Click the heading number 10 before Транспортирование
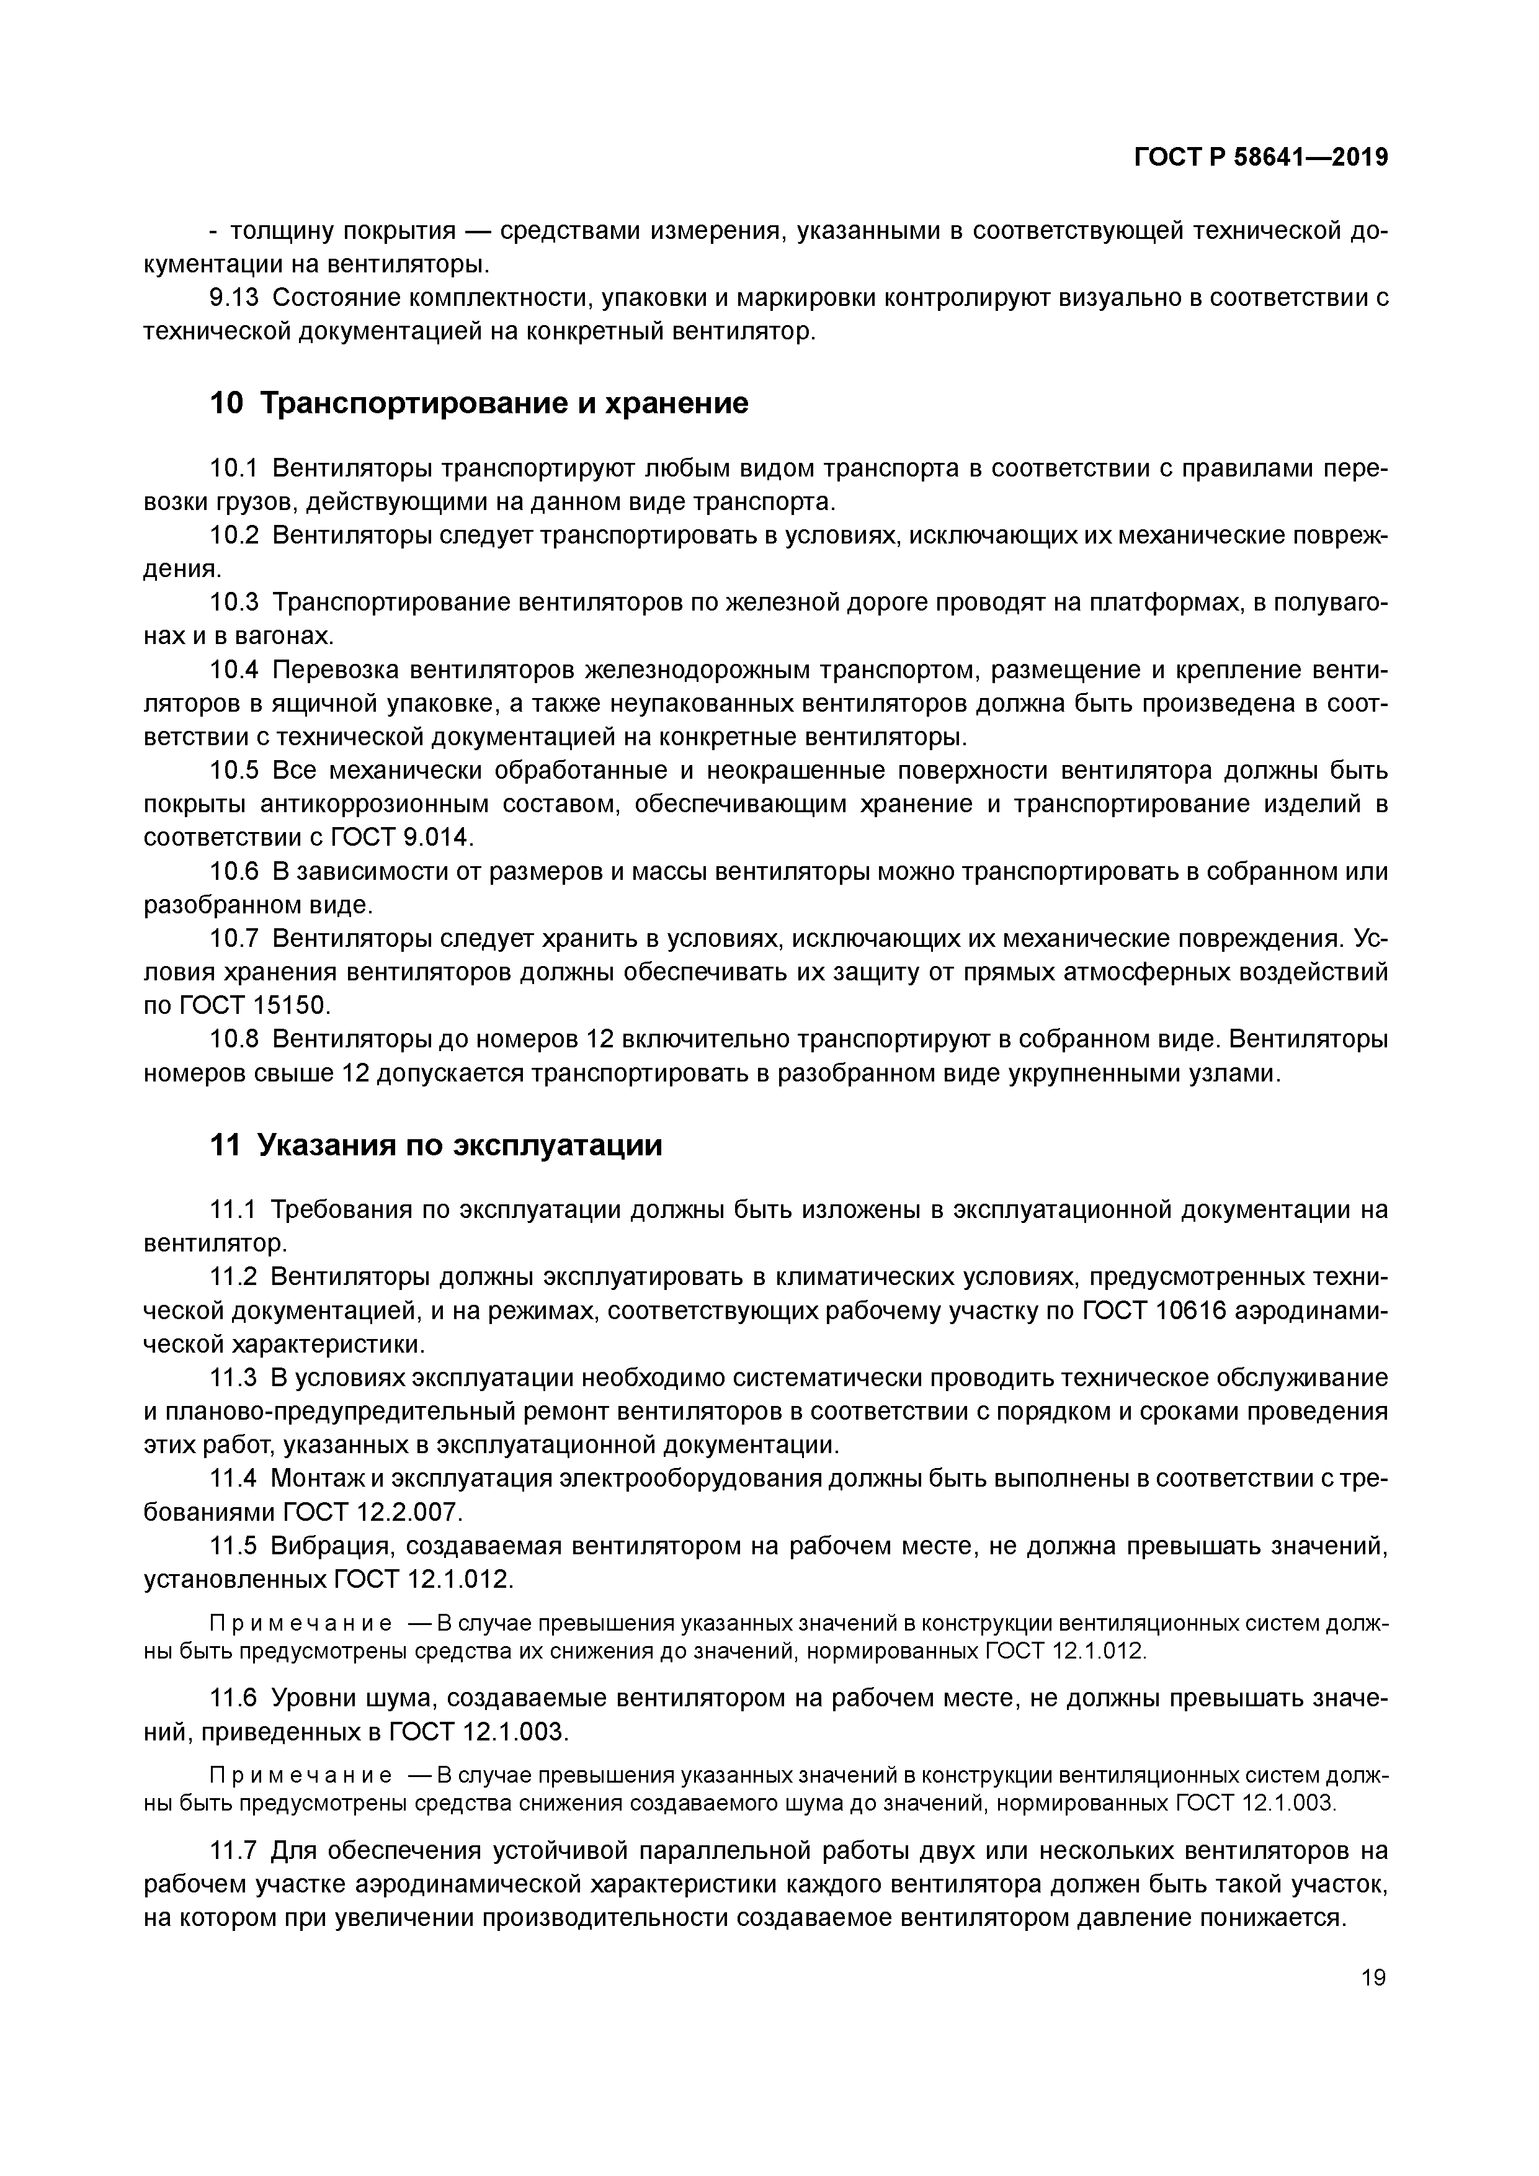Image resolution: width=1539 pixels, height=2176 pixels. [x=226, y=404]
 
